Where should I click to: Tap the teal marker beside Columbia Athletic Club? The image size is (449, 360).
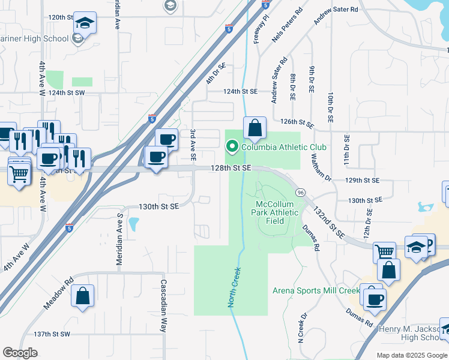pos(231,146)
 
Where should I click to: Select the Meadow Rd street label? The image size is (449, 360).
pos(58,293)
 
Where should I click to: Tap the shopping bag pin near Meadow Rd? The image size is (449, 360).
pos(82,296)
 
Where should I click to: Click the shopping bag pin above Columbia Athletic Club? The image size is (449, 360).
pos(255,127)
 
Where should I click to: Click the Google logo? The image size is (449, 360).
pos(20,353)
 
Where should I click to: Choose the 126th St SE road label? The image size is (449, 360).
pos(298,122)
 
